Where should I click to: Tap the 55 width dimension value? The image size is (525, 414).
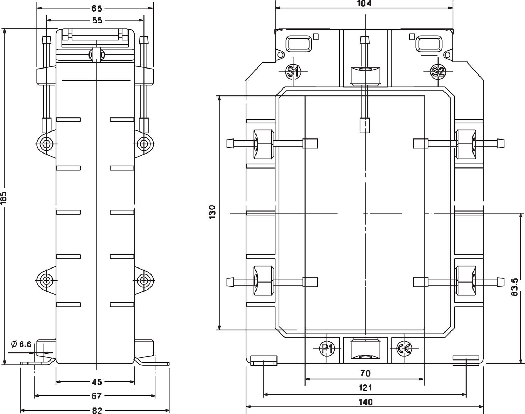coord(97,21)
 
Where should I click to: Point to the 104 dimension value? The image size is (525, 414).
coord(364,3)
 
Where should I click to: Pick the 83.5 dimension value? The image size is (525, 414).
coord(514,287)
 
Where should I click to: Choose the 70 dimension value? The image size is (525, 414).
coord(365,374)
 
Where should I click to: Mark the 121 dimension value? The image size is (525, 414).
coord(365,387)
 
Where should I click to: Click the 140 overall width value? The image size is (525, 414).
coord(365,402)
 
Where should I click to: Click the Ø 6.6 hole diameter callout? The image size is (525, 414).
coord(22,344)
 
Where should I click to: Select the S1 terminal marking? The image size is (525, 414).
coord(293,72)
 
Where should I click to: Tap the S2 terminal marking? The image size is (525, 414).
coord(438,72)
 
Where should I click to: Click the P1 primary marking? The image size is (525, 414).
coord(327,348)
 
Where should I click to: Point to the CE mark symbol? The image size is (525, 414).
coord(404,348)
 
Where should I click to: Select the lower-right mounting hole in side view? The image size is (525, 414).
coord(143,280)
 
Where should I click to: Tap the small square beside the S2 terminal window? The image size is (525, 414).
coord(412,36)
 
